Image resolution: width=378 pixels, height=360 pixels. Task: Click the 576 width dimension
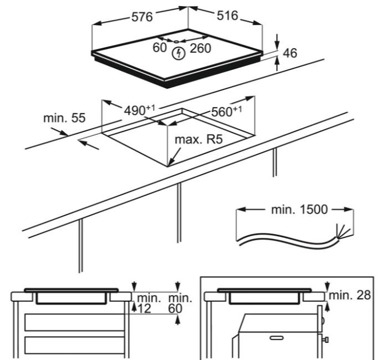(142, 17)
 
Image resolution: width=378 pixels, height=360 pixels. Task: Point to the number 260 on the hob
(200, 49)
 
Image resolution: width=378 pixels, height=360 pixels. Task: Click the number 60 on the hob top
(160, 48)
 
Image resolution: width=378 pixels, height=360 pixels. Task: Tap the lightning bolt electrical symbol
(178, 53)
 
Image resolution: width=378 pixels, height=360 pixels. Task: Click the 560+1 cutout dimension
(226, 110)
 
